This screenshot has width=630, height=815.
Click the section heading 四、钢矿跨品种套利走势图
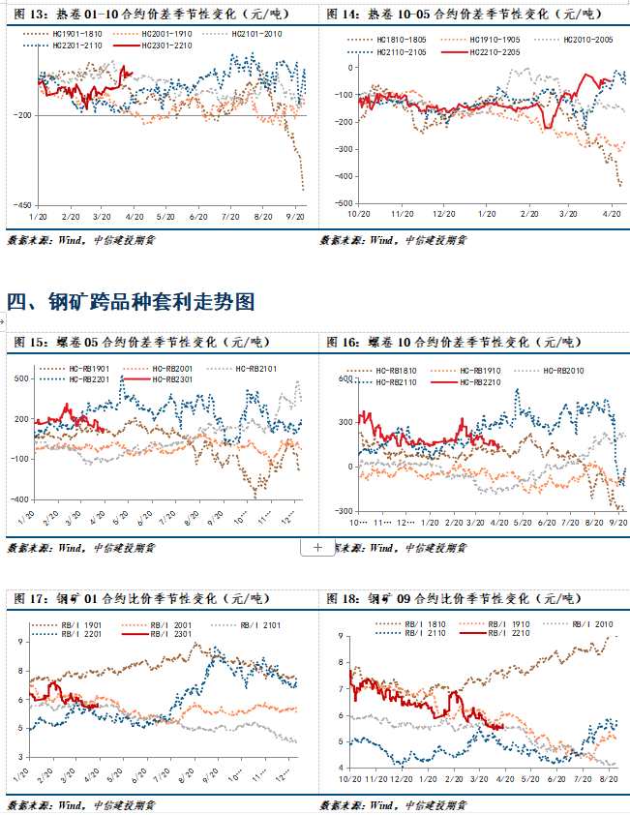131,302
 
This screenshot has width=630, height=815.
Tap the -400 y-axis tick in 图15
21,499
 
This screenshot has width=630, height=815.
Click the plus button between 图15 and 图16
317,547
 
